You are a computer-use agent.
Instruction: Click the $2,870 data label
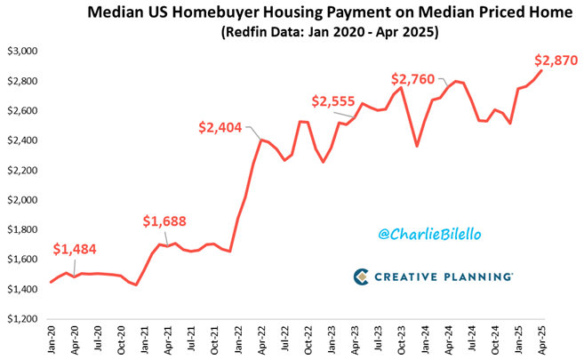coord(556,61)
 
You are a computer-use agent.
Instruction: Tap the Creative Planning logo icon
coord(360,276)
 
